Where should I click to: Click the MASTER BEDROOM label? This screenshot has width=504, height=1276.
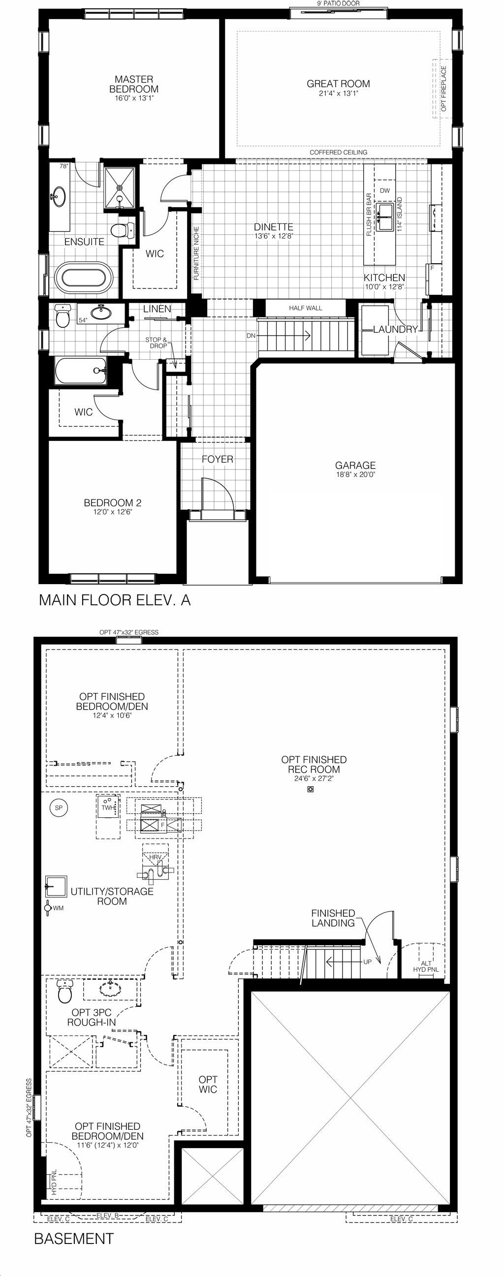[134, 84]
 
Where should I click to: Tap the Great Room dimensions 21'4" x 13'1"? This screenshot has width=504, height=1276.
[339, 93]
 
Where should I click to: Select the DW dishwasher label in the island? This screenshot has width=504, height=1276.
[385, 191]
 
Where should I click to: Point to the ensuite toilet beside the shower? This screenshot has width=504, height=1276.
[124, 230]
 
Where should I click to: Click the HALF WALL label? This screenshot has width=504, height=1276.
[306, 308]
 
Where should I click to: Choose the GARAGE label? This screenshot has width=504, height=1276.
[355, 465]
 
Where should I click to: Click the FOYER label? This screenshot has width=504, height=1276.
[218, 459]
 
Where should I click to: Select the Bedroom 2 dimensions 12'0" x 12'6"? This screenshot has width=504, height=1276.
[113, 512]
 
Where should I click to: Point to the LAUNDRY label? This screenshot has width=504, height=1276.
[395, 329]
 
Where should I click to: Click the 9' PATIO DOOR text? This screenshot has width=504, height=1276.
[339, 3]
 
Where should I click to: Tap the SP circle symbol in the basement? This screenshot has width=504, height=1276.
[59, 808]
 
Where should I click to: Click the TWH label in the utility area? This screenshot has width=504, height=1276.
[107, 808]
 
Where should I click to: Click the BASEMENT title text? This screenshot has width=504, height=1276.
[74, 1239]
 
